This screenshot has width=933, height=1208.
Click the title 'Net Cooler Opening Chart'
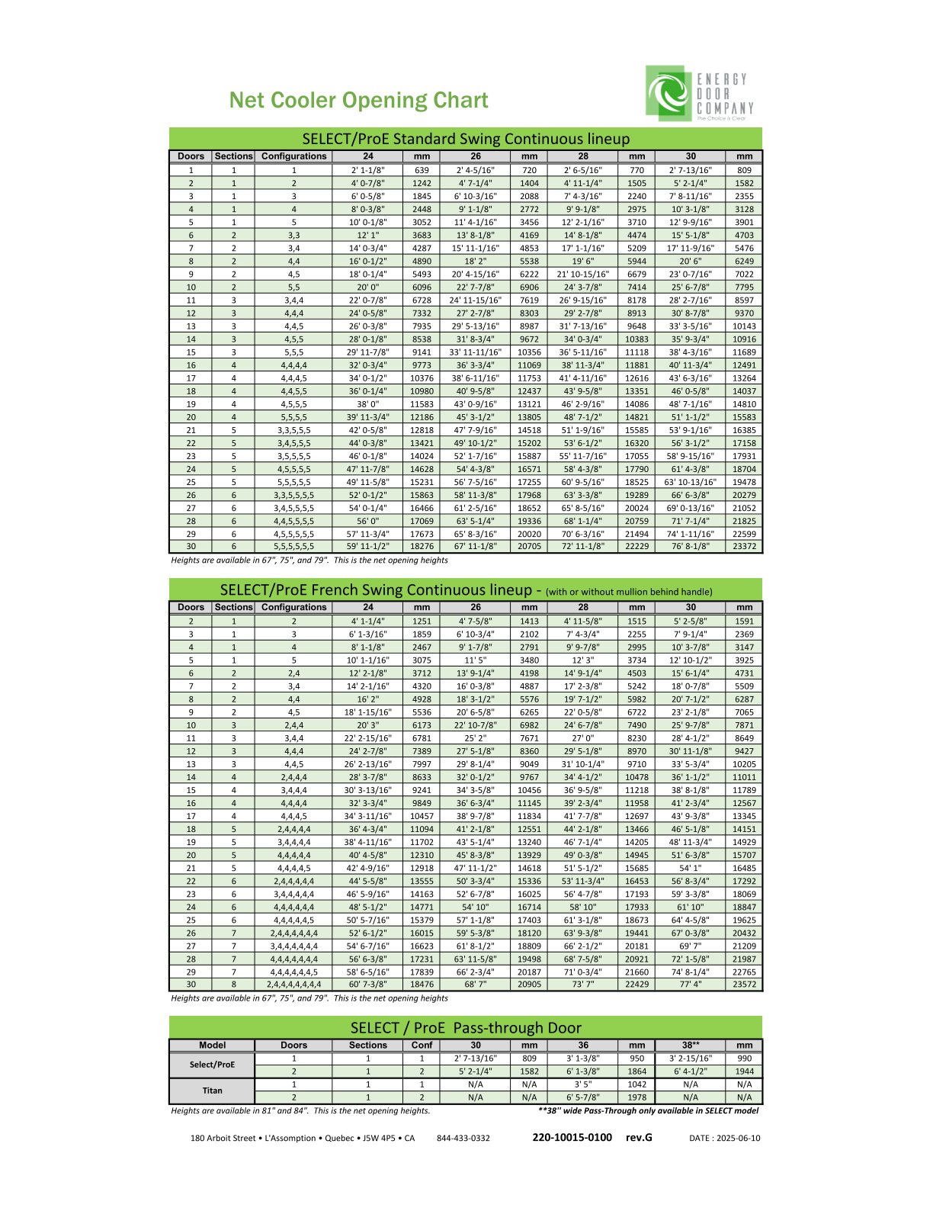click(x=358, y=101)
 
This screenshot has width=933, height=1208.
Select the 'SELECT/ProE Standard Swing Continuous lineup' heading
click(x=466, y=139)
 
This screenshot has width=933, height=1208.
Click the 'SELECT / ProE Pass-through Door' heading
click(x=466, y=1027)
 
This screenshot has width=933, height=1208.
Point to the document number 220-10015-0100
click(x=572, y=1137)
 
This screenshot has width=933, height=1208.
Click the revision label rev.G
click(x=639, y=1137)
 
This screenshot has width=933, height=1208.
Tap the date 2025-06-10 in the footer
click(x=724, y=1138)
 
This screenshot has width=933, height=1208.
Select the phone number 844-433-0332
click(x=463, y=1138)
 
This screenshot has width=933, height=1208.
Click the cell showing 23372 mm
click(x=744, y=546)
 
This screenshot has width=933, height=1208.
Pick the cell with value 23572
click(x=744, y=984)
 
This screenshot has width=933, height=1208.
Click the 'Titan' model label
click(x=212, y=1091)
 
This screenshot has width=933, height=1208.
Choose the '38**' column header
click(x=690, y=1045)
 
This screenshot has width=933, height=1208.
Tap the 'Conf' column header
click(x=422, y=1045)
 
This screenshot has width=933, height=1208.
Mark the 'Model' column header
click(x=212, y=1045)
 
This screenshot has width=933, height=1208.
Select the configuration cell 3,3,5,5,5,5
click(x=293, y=494)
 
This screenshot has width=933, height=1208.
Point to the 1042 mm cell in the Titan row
click(x=636, y=1084)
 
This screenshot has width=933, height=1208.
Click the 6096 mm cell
click(x=422, y=287)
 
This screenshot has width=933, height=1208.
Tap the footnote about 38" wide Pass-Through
click(x=648, y=1110)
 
